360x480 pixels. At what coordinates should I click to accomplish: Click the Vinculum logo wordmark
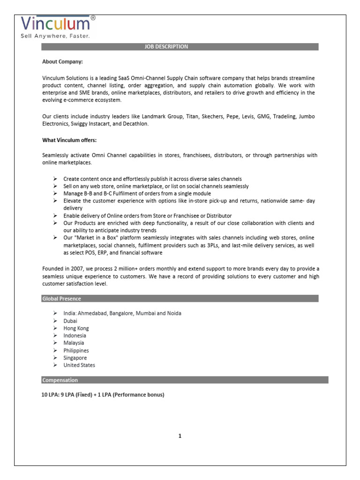[55, 24]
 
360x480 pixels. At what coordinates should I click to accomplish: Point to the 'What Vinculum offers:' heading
[69, 140]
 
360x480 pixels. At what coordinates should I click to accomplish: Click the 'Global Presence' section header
[61, 299]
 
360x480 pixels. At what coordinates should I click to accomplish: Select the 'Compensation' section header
[60, 380]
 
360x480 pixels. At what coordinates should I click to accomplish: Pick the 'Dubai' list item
[70, 321]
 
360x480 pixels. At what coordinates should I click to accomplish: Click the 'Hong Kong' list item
[75, 328]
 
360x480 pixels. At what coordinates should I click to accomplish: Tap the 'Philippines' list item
[76, 350]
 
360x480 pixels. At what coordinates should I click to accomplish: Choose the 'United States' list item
[79, 365]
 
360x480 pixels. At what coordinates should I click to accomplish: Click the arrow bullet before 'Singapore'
[54, 358]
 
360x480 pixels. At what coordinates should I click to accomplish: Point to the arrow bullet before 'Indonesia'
[54, 336]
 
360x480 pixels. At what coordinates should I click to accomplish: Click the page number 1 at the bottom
[180, 436]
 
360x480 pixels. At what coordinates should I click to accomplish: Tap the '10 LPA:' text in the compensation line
[52, 395]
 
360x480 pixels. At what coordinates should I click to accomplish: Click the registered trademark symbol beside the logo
[93, 17]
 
